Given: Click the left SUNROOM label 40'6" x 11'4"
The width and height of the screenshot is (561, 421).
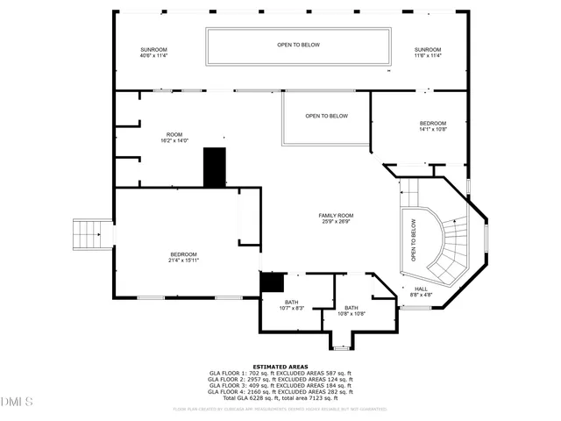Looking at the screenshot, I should pos(153,53).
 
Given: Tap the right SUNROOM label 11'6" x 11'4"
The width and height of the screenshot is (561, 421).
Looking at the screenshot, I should pos(428,53).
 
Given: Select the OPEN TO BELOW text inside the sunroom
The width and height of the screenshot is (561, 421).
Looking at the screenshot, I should pos(298,45).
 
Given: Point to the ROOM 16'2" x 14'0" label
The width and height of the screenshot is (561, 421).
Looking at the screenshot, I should pos(174,138).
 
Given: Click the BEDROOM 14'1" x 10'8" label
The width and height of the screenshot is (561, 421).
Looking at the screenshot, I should pos(433,126).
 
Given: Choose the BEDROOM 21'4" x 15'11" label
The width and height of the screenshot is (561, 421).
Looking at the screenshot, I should pos(183,257).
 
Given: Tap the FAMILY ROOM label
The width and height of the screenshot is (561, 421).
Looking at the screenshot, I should pos(336,218).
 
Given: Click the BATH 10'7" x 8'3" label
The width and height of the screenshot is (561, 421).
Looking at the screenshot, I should pos(291,305).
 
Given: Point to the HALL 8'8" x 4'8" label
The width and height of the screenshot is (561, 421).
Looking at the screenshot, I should pos(421,291).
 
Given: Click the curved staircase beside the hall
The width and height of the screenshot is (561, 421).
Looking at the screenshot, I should pos(451,250).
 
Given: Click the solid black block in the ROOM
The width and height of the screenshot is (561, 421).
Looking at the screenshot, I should pos(215,167).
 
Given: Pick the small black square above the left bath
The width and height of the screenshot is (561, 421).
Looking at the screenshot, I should pos(273,282).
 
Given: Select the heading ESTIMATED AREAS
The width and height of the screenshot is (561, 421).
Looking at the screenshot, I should pos(280,367).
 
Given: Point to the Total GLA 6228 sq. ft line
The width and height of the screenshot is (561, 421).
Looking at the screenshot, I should pos(280,398).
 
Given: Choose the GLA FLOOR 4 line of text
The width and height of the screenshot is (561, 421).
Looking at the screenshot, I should pos(280,392).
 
